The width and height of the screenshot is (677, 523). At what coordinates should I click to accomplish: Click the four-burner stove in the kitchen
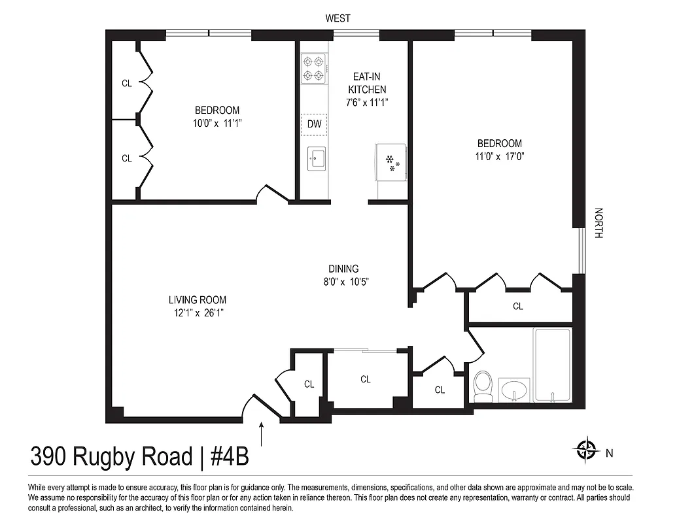coord(313,69)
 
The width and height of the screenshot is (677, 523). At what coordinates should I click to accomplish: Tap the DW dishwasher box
coord(314,124)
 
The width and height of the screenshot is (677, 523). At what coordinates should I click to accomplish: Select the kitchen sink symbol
coord(317,158)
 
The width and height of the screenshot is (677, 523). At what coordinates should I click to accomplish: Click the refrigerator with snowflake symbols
coord(391,162)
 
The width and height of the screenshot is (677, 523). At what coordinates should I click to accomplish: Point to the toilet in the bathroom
coord(483,387)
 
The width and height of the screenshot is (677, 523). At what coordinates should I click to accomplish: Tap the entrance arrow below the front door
coord(262,433)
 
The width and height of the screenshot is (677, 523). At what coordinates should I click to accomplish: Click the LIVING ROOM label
coord(198,300)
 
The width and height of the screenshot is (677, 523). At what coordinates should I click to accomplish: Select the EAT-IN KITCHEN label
coord(366,83)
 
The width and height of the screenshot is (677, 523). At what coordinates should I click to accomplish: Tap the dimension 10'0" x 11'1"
coord(217,123)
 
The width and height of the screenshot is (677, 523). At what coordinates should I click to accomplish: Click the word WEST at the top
coord(338,19)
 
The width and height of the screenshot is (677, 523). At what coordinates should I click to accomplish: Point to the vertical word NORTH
coord(599,223)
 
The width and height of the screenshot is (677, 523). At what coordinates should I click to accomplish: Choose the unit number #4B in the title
coord(229,457)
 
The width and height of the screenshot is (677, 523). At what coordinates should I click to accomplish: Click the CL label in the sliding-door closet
coord(366,379)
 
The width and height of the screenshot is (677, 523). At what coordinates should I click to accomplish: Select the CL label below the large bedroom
coord(517,306)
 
